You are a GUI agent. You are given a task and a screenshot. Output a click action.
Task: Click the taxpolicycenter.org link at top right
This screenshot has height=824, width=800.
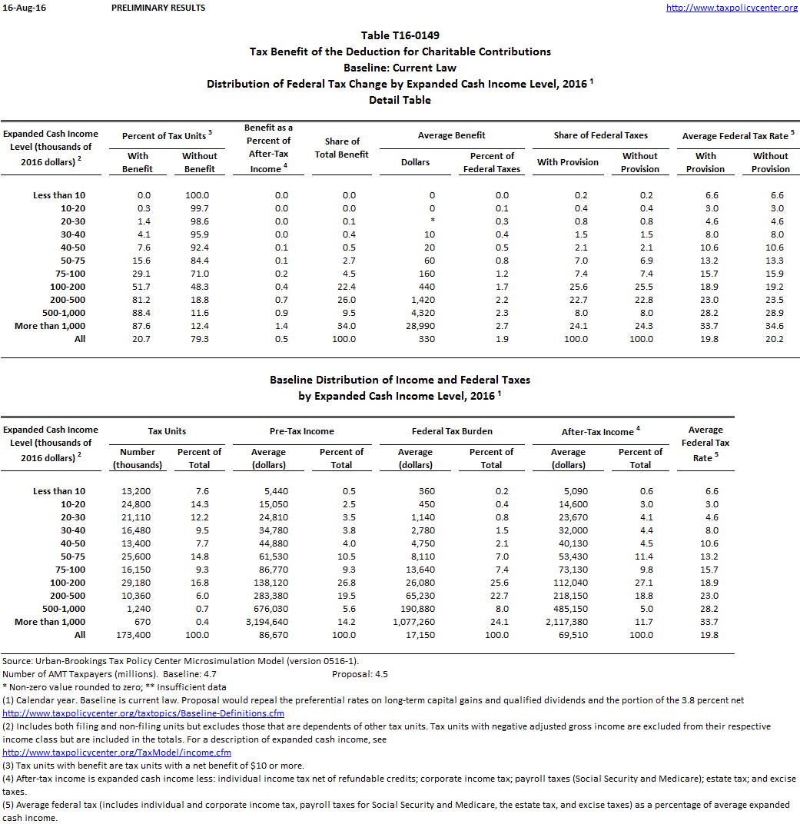click(732, 8)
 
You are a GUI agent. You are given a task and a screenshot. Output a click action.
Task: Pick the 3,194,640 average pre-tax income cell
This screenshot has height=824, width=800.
click(268, 622)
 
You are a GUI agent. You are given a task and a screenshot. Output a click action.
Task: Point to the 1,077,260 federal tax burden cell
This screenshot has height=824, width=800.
click(415, 622)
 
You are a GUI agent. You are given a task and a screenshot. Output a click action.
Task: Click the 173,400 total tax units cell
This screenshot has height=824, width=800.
click(137, 635)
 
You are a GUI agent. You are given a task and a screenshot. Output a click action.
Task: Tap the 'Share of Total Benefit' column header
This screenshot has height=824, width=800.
click(342, 148)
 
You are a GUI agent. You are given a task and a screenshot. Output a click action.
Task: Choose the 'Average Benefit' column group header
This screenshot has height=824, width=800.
click(451, 135)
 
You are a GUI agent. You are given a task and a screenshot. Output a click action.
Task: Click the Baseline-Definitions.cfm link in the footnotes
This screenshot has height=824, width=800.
click(131, 713)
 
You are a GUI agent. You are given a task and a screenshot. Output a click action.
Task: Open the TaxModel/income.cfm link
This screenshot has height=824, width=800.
click(117, 753)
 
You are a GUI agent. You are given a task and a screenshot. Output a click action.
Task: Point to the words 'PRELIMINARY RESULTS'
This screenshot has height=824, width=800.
click(158, 8)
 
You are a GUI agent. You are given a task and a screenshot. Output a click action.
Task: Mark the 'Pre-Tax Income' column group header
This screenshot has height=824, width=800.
click(303, 431)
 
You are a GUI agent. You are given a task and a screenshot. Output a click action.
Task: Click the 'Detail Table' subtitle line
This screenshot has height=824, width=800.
click(400, 100)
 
